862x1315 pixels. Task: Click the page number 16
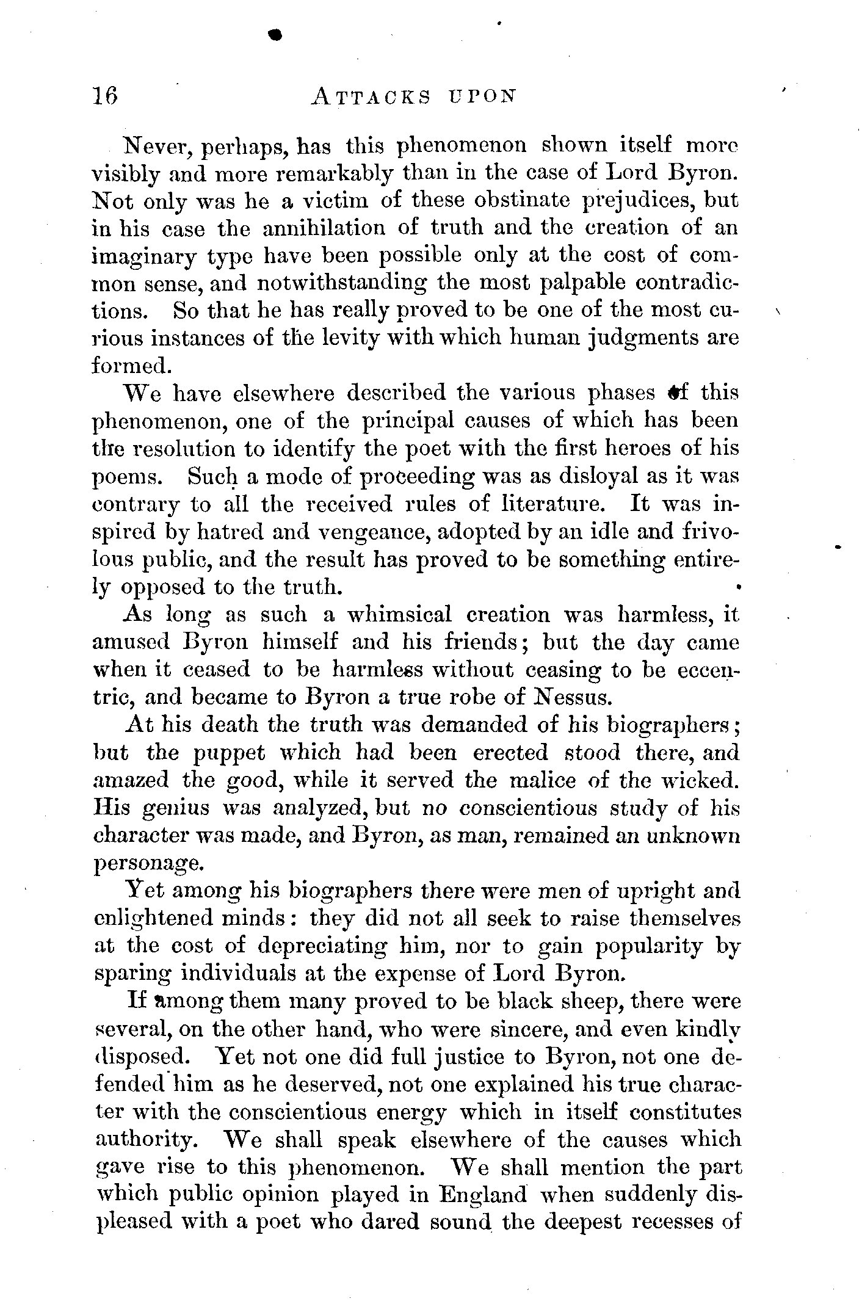pyautogui.click(x=104, y=96)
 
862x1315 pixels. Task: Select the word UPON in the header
pyautogui.click(x=487, y=96)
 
